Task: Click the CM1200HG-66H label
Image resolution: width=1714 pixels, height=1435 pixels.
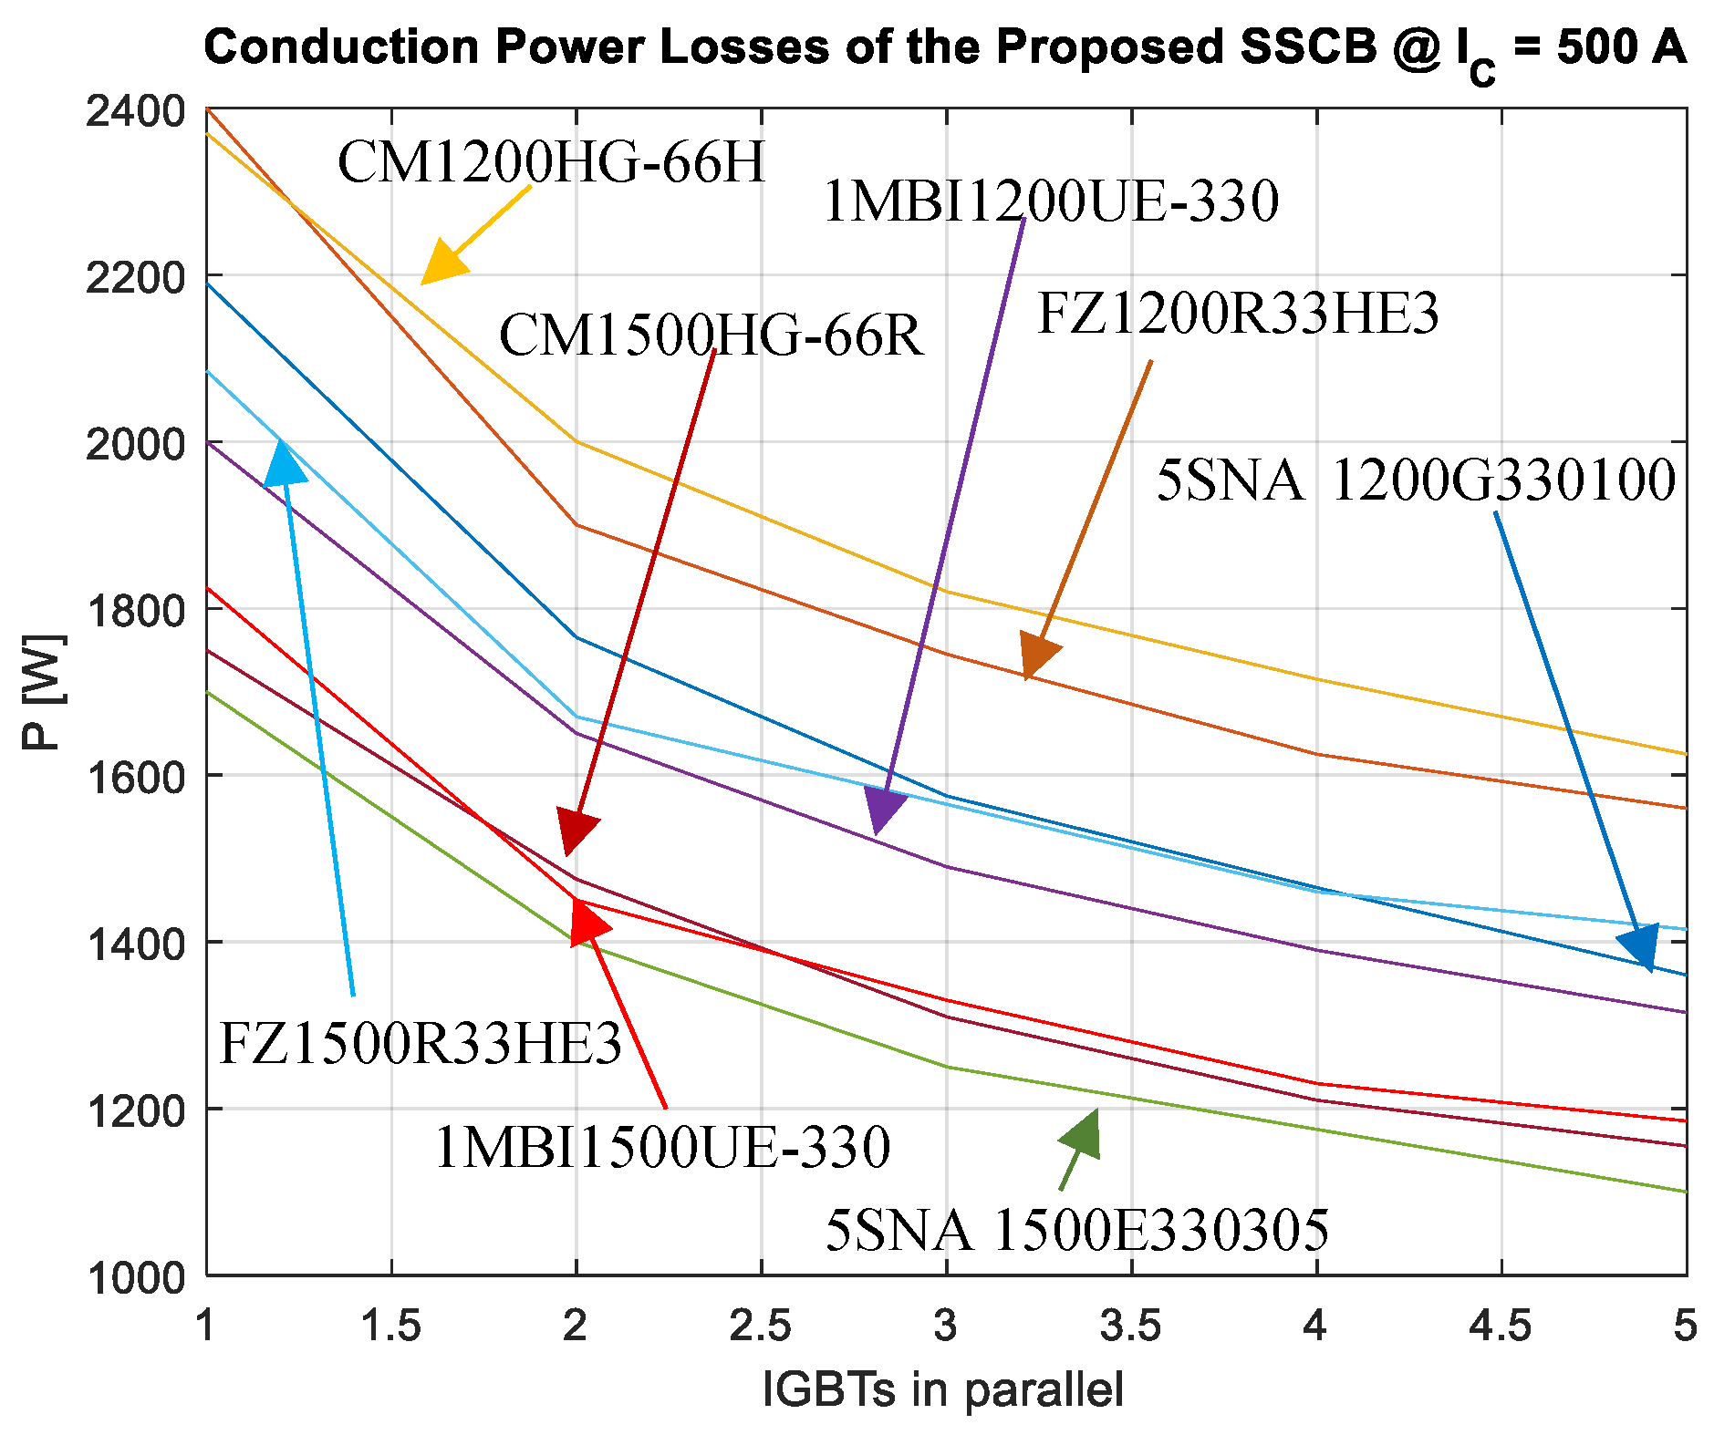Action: [x=551, y=163]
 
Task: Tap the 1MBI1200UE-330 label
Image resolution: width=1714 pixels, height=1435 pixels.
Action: [x=1050, y=201]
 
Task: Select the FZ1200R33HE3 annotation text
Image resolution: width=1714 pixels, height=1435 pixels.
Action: [x=1238, y=315]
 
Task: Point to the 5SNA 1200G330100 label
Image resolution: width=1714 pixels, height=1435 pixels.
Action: [x=1416, y=480]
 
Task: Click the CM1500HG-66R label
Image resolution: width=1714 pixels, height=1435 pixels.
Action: [x=711, y=336]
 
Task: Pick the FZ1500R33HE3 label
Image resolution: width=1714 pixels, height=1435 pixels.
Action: [x=421, y=1044]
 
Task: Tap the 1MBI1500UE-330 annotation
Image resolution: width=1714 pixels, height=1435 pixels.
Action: [x=662, y=1147]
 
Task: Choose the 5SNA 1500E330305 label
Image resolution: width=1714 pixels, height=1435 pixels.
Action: [x=1076, y=1231]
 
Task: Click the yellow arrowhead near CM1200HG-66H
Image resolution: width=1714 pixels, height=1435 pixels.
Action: [x=441, y=263]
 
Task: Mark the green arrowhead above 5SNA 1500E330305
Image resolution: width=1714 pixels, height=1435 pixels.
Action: [x=1084, y=1134]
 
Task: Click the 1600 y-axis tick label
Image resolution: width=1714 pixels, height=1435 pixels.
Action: [x=136, y=777]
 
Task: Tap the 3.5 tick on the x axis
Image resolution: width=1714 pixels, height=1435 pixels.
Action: [x=1130, y=1327]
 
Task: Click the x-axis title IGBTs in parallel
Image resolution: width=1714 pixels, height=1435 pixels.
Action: [x=943, y=1390]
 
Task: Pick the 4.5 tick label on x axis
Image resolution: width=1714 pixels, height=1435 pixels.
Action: [x=1500, y=1327]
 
